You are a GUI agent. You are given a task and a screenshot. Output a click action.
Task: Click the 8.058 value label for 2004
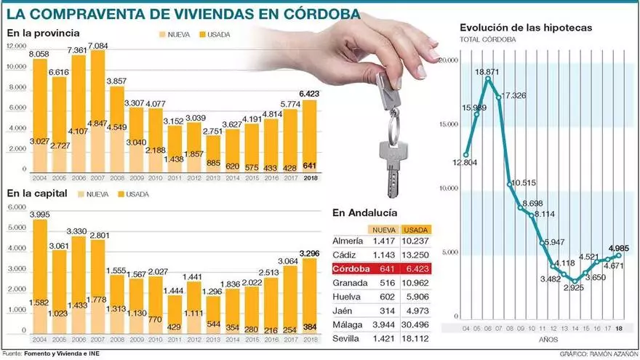click(39, 55)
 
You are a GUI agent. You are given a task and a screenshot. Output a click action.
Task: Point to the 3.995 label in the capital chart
click(39, 214)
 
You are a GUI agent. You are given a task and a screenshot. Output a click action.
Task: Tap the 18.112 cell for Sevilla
click(416, 339)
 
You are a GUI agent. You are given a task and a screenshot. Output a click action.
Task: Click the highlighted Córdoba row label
click(351, 270)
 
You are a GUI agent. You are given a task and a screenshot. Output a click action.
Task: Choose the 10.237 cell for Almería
click(416, 241)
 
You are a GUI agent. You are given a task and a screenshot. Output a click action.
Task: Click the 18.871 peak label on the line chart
click(487, 73)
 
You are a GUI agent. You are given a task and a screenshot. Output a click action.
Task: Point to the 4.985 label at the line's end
click(617, 249)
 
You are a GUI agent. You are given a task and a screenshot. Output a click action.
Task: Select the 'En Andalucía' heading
click(364, 212)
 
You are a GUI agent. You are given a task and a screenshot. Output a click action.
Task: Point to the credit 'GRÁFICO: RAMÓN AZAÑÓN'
click(597, 354)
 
